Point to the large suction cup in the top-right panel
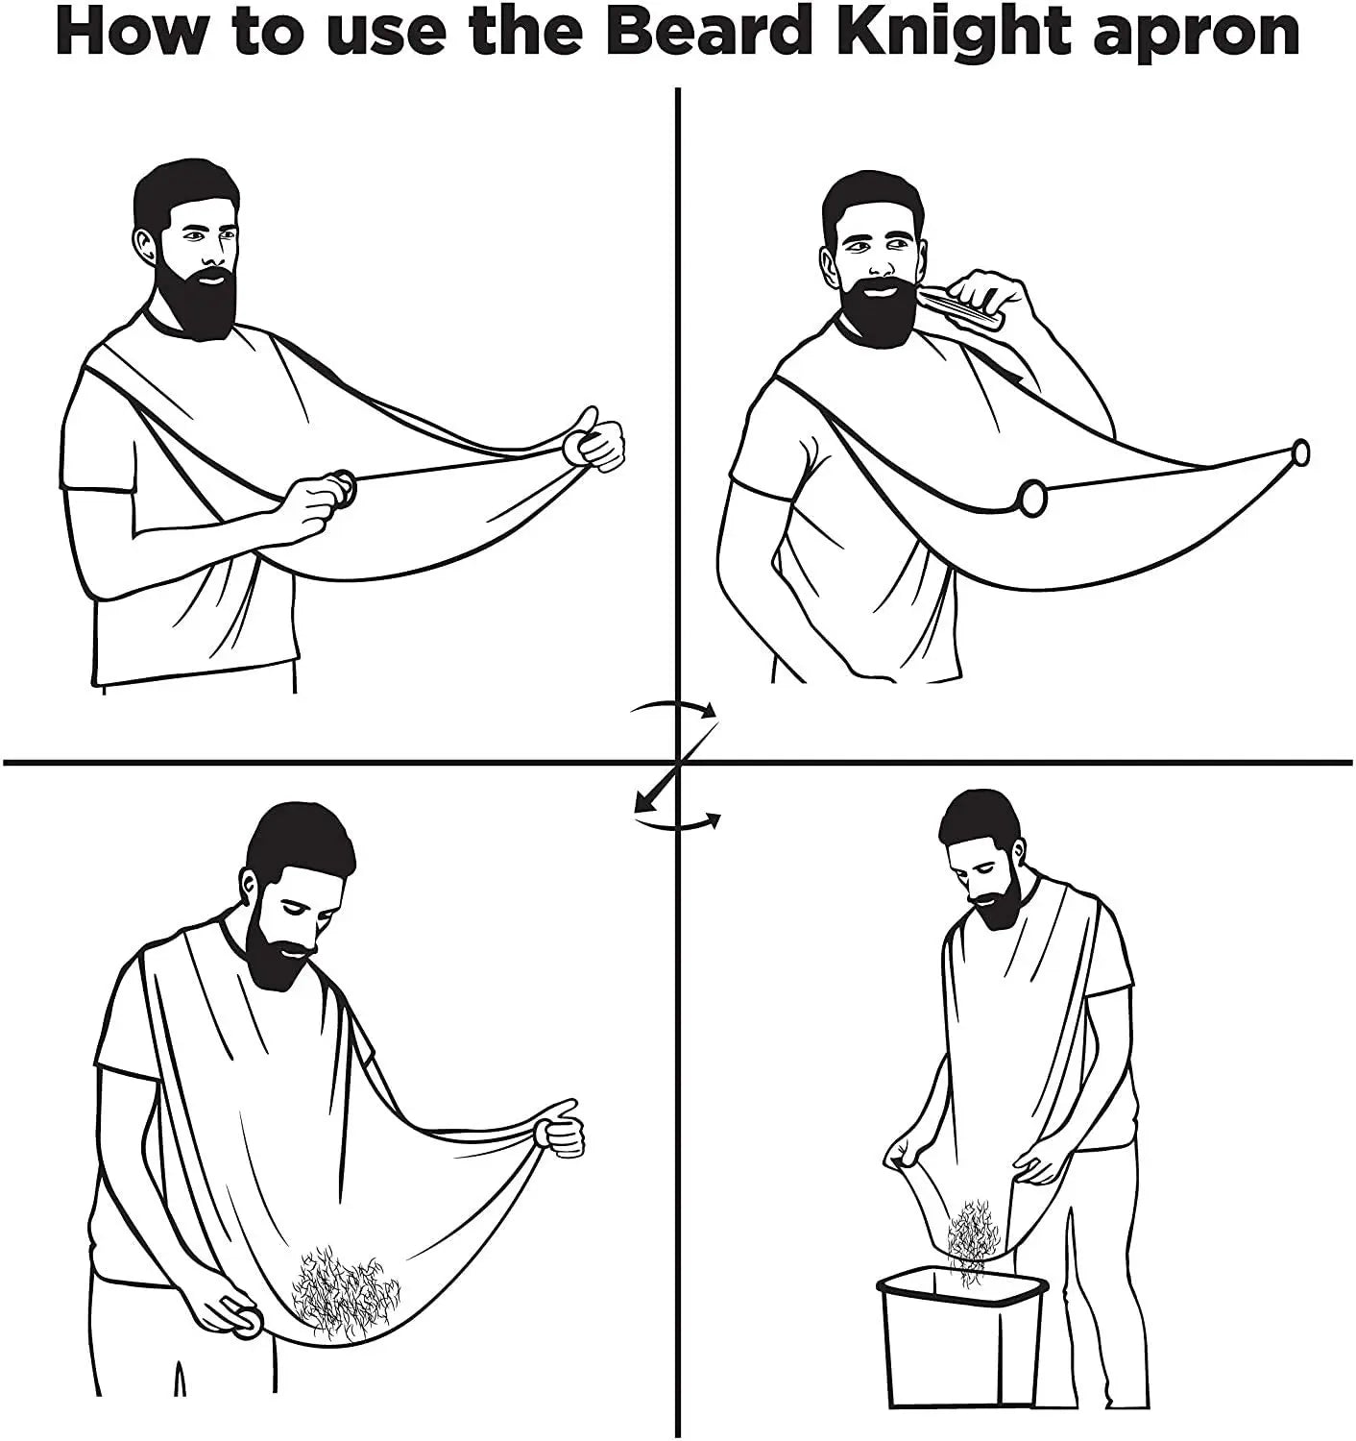pyautogui.click(x=1032, y=498)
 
